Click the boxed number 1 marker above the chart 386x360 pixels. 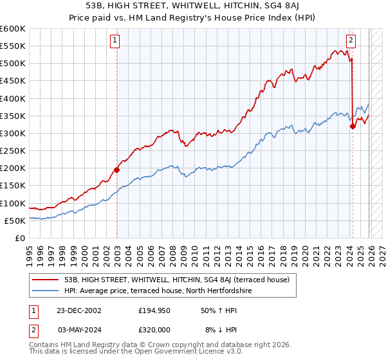tap(116, 40)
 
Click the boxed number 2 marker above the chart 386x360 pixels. tap(351, 40)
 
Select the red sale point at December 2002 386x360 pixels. tap(117, 170)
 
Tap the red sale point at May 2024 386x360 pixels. tap(353, 127)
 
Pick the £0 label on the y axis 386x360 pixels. tap(20, 238)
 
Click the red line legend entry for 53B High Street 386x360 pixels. tap(178, 280)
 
